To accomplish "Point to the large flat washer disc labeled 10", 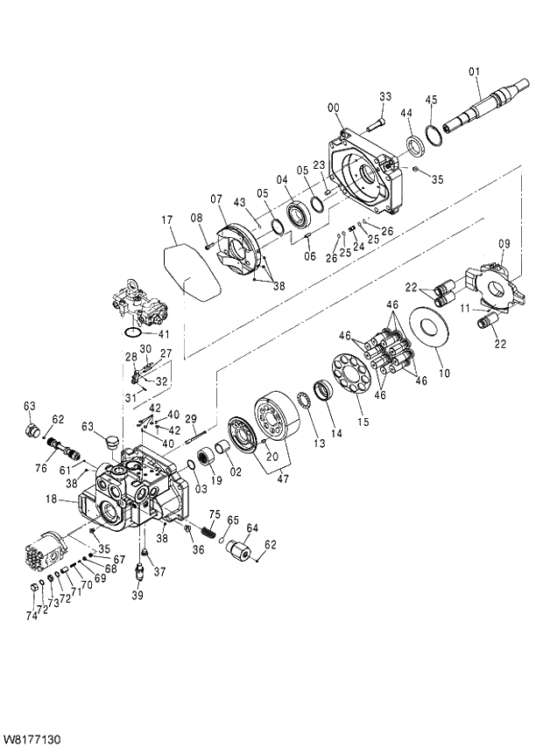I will click(x=430, y=329).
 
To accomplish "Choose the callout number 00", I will click(x=334, y=108).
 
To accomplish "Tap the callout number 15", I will click(x=363, y=422).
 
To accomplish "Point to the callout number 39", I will click(x=137, y=595).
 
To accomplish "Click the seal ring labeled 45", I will click(x=434, y=133).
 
